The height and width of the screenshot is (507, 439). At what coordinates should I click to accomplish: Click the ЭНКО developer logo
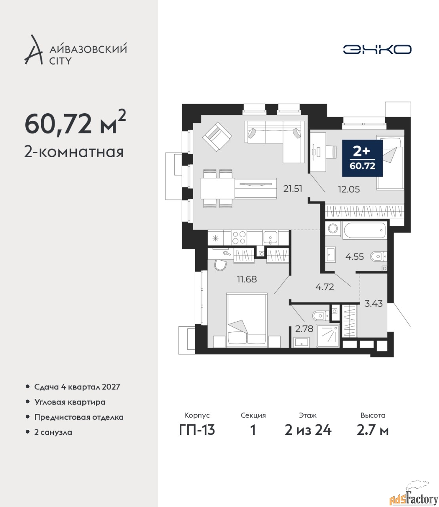click(377, 49)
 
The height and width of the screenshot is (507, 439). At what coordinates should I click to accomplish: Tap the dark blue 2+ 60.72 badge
click(362, 158)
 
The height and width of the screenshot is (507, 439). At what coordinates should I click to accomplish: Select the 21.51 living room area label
click(293, 189)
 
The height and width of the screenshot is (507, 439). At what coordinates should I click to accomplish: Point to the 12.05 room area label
click(349, 189)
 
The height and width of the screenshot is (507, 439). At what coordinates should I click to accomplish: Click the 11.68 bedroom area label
click(247, 279)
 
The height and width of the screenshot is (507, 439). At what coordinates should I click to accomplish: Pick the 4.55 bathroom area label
click(355, 257)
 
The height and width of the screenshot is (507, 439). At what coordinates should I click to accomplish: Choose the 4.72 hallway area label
click(325, 287)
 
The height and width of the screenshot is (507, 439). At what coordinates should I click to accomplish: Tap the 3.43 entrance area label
click(373, 304)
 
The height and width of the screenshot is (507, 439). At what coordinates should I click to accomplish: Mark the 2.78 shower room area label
click(304, 329)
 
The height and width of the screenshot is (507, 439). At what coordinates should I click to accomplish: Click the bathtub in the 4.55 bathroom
click(364, 230)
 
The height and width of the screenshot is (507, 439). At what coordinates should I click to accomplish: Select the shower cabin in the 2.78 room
click(328, 335)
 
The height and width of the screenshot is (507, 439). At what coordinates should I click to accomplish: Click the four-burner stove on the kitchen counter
click(239, 237)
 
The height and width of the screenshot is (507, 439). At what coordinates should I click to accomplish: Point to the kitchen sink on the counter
click(270, 238)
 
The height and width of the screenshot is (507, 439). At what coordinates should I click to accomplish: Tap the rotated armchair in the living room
click(217, 137)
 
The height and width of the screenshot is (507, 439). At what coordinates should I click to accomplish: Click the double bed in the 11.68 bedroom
click(247, 320)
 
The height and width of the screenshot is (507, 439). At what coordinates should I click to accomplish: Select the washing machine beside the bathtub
click(333, 229)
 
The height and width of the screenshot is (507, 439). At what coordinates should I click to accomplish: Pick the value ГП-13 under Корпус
click(197, 430)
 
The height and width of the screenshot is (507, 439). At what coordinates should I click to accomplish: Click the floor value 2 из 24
click(308, 430)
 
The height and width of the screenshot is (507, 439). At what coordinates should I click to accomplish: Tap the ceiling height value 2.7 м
click(372, 431)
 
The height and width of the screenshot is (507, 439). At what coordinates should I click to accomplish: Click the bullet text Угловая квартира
click(70, 402)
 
